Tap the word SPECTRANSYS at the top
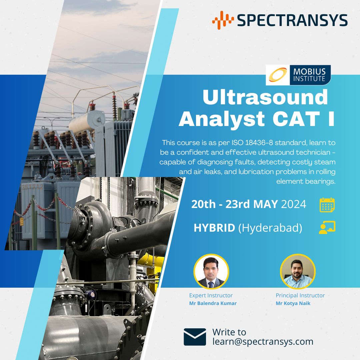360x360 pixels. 292,20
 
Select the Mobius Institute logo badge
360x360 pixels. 298,75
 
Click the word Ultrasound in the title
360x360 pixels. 265,98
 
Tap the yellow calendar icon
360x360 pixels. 327,205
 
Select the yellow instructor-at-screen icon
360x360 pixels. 327,227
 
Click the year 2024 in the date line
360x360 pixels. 293,204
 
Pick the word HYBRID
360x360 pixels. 214,228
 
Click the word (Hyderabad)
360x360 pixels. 270,228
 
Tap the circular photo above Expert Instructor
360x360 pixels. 211,271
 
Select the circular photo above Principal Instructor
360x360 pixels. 298,271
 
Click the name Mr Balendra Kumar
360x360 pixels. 213,303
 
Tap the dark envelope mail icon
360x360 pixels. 195,337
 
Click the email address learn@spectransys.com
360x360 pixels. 263,341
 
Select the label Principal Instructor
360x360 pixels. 300,295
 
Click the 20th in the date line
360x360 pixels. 203,204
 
